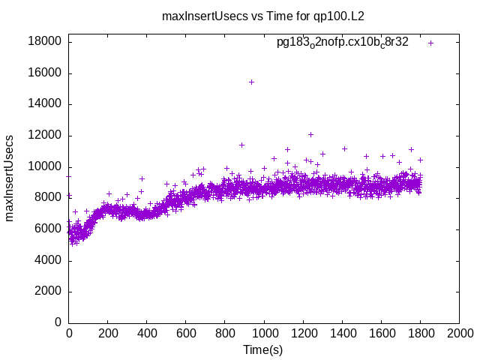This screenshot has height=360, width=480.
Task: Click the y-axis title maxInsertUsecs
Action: tap(10, 178)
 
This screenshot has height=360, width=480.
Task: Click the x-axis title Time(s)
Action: tap(262, 350)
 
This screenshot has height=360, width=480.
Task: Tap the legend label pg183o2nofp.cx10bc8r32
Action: tap(343, 43)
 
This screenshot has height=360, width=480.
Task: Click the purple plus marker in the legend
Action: tap(431, 43)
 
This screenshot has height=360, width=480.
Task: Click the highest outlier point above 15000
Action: tap(251, 82)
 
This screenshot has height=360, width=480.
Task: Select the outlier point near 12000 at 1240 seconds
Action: tap(310, 135)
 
